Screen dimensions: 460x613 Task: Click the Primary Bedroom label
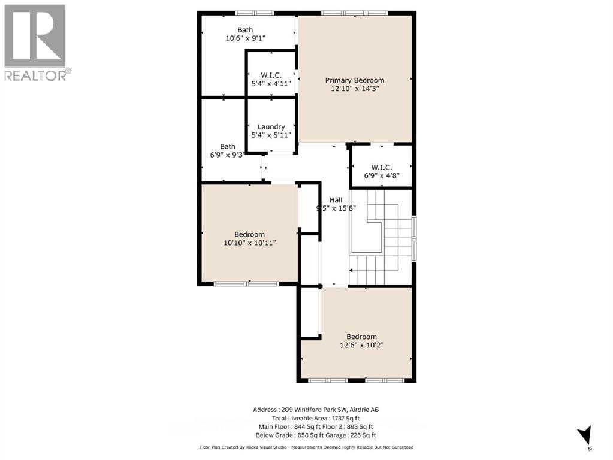(355, 80)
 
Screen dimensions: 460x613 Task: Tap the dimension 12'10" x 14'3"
(355, 88)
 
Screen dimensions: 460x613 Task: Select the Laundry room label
(271, 126)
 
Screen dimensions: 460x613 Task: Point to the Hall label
(335, 201)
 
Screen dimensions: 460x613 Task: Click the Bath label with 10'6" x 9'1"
(245, 30)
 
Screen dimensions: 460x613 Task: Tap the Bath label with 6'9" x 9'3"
(228, 146)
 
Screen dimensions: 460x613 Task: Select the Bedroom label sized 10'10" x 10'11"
(249, 234)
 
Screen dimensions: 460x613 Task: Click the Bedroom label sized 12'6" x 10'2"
(361, 337)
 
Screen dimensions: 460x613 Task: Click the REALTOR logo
(35, 42)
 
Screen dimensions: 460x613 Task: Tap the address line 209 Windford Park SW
(315, 410)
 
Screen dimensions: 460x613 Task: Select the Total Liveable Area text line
(315, 418)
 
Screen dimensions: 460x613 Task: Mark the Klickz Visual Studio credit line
(306, 447)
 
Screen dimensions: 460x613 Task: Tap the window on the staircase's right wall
(414, 237)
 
